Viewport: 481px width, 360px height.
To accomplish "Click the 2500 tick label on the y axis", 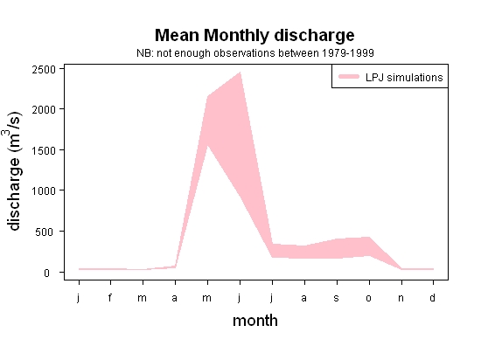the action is click(x=44, y=70).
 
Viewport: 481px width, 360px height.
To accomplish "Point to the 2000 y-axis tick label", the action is click(x=44, y=110).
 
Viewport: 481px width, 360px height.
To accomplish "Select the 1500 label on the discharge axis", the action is click(x=44, y=150).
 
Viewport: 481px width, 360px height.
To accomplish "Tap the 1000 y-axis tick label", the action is click(x=44, y=190).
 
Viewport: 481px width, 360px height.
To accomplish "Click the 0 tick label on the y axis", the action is click(x=46, y=273).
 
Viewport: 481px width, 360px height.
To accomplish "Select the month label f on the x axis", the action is click(x=110, y=297).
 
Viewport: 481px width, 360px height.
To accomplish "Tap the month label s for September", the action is click(x=337, y=298).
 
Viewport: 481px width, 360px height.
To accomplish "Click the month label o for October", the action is click(x=369, y=298).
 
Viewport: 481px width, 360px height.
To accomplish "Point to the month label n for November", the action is click(x=401, y=298).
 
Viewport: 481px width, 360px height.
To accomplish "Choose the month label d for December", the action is click(x=432, y=297).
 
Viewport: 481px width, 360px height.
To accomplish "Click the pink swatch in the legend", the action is click(x=349, y=77).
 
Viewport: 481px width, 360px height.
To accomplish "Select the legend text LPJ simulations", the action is click(x=404, y=78).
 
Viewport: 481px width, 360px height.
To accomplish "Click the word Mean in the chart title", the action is click(x=177, y=35).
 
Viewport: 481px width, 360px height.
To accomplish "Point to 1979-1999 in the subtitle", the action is click(x=348, y=53).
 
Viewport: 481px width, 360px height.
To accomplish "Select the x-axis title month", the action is click(x=255, y=321).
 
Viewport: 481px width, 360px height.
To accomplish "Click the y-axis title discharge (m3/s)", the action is click(x=13, y=171).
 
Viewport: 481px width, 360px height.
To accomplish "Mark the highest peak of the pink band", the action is click(x=240, y=73).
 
